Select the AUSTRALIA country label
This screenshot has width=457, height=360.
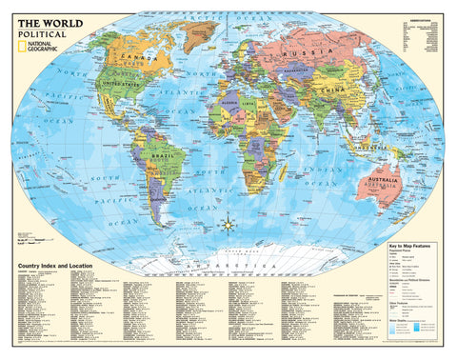385,178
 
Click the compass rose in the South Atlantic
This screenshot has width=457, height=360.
228,225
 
